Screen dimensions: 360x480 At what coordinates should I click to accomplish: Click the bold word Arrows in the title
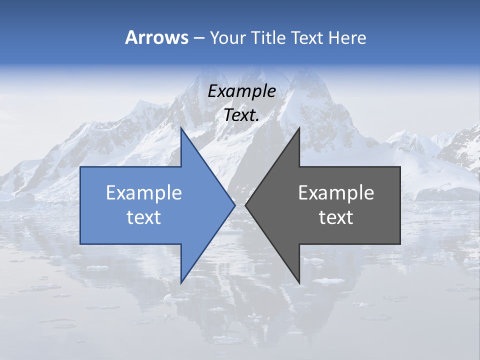point(156,37)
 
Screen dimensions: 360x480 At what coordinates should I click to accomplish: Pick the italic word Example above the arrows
point(241,91)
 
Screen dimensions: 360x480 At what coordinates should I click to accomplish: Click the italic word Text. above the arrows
point(241,115)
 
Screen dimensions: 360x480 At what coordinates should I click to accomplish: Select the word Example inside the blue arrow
point(144,193)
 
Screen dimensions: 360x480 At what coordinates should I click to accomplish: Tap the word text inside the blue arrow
point(144,217)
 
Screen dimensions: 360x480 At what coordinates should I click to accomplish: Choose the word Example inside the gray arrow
point(336,193)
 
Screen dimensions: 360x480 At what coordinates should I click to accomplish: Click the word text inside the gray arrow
point(336,217)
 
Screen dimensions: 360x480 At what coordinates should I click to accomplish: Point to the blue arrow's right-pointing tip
point(235,205)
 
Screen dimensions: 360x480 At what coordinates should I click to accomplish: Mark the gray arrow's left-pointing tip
point(245,205)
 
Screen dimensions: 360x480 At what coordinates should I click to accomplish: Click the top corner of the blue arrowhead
point(181,128)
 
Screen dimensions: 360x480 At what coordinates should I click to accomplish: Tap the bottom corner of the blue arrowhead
point(181,283)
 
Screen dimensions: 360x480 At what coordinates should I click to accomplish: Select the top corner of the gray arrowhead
point(299,128)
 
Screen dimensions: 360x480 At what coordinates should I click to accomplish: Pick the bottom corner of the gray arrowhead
point(299,283)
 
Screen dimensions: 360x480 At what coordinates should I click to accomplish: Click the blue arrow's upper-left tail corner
point(80,167)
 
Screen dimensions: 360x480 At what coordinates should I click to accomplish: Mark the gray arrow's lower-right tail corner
point(400,243)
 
